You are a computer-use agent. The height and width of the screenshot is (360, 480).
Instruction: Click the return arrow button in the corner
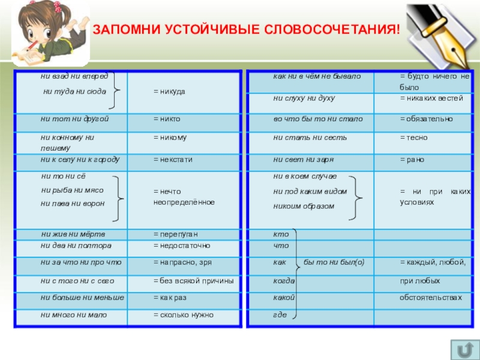[x=463, y=349]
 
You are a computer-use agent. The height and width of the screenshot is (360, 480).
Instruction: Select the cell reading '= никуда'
[x=169, y=91]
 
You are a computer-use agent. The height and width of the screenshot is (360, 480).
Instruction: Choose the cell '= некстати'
[x=173, y=160]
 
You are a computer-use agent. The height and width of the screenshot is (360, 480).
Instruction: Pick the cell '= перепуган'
[x=175, y=233]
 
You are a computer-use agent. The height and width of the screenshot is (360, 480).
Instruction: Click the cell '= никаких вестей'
[x=431, y=98]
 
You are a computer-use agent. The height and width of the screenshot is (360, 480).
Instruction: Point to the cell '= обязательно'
[x=427, y=119]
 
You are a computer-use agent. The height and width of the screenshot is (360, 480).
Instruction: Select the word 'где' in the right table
[x=279, y=314]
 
